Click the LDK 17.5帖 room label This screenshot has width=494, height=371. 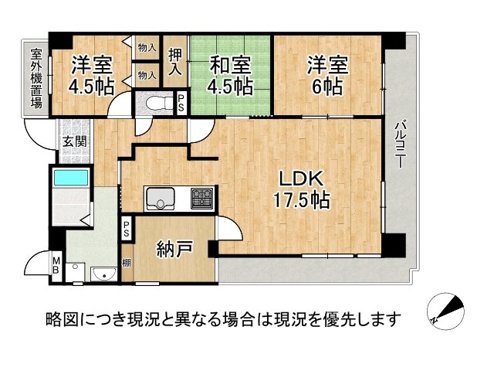300,189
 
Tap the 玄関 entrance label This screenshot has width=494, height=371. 74,142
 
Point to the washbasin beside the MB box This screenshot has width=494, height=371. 103,274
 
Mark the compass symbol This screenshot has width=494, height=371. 446,311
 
